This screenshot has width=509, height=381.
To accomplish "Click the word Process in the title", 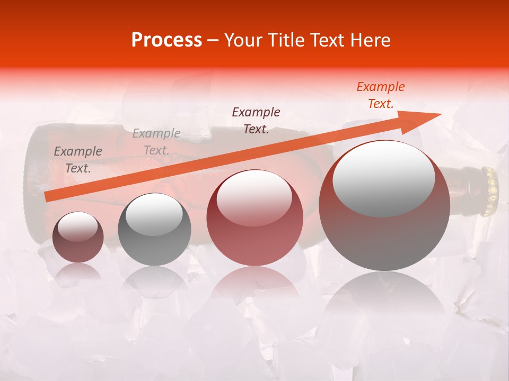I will pyautogui.click(x=166, y=40).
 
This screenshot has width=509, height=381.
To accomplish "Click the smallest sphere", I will pyautogui.click(x=78, y=238).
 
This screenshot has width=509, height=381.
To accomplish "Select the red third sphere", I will pyautogui.click(x=254, y=218).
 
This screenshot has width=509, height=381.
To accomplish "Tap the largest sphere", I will pyautogui.click(x=384, y=205).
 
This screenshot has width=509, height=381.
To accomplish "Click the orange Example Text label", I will pyautogui.click(x=380, y=95).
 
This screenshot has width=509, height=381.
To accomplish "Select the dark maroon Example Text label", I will pyautogui.click(x=256, y=120).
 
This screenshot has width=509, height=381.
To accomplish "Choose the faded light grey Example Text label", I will pyautogui.click(x=156, y=142).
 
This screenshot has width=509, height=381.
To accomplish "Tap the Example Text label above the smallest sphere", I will pyautogui.click(x=78, y=159).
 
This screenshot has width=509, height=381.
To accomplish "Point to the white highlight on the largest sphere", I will pyautogui.click(x=383, y=177).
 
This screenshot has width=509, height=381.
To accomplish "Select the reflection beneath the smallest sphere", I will pyautogui.click(x=78, y=273).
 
